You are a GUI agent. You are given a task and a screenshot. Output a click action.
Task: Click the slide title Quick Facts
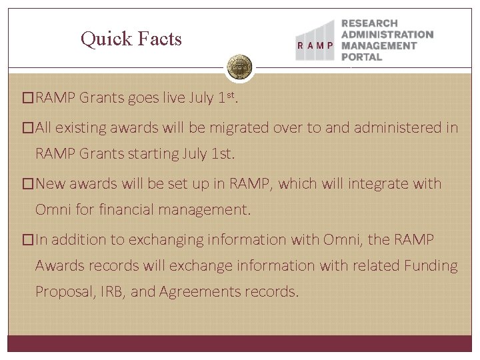(131, 39)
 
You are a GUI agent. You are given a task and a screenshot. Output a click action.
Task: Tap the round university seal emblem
(239, 67)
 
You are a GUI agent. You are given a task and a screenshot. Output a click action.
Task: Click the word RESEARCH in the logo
(369, 23)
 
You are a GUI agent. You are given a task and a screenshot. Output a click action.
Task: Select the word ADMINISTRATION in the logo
(387, 35)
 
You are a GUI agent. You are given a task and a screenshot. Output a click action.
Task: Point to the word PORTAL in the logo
(361, 57)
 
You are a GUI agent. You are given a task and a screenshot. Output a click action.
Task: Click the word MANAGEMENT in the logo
(379, 46)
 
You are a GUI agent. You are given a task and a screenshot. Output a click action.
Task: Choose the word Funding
(431, 266)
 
